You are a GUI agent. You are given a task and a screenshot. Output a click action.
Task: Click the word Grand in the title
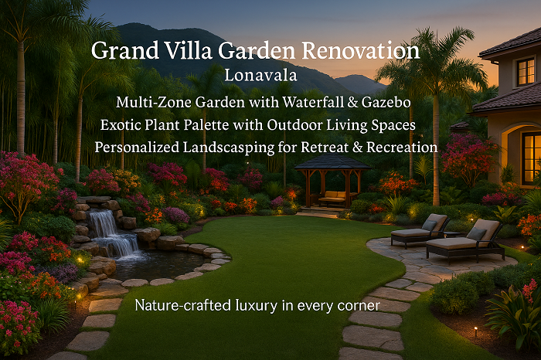125,51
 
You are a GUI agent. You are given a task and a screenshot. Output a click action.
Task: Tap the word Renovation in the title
361,50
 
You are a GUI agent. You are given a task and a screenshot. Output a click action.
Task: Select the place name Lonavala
261,75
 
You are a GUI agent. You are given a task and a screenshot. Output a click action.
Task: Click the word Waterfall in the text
313,102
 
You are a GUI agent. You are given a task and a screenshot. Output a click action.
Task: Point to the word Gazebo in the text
386,103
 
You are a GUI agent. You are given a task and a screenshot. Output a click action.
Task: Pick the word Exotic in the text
121,125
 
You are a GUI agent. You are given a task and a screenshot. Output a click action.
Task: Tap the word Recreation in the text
402,148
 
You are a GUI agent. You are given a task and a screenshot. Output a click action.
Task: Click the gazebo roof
332,162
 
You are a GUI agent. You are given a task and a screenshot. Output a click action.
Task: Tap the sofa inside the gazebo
332,199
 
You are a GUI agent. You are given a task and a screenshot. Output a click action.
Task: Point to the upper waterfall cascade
101,222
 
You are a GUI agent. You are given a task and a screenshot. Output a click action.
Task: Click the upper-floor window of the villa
526,72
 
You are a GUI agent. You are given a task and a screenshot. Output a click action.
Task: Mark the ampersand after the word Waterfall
352,103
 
